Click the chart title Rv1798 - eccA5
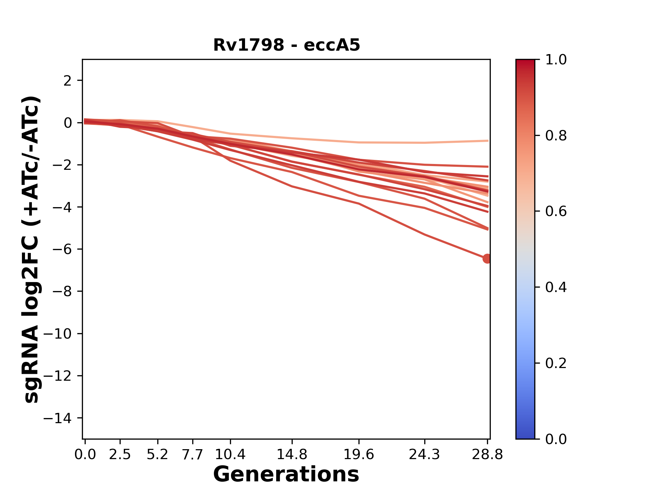pyautogui.click(x=287, y=45)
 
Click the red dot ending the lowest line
pyautogui.click(x=487, y=258)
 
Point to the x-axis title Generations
pyautogui.click(x=286, y=475)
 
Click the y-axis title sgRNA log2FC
pyautogui.click(x=32, y=249)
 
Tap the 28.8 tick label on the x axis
pyautogui.click(x=487, y=454)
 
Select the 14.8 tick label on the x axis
pyautogui.click(x=292, y=454)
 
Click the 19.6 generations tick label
pyautogui.click(x=359, y=454)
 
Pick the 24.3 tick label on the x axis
pyautogui.click(x=425, y=454)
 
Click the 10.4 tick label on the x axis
pyautogui.click(x=230, y=454)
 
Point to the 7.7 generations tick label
pyautogui.click(x=193, y=454)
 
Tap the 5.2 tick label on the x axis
pyautogui.click(x=157, y=454)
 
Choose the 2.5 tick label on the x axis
pyautogui.click(x=120, y=454)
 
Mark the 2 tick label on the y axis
pyautogui.click(x=68, y=81)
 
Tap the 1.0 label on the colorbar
pyautogui.click(x=556, y=60)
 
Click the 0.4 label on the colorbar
pyautogui.click(x=556, y=287)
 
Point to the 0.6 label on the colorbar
pyautogui.click(x=556, y=211)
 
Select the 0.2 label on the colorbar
pyautogui.click(x=556, y=363)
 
